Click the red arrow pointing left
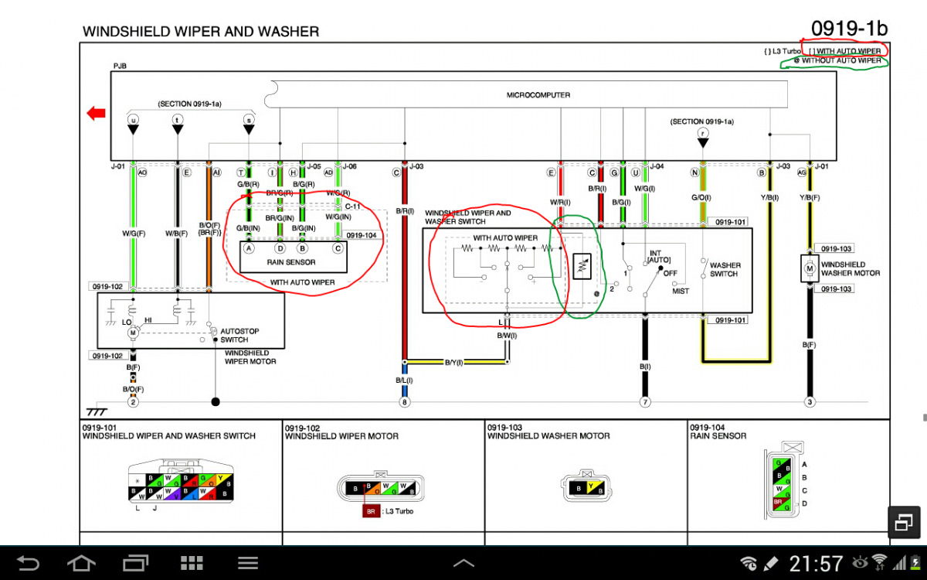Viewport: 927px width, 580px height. (x=97, y=114)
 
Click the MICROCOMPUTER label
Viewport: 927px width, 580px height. (x=538, y=95)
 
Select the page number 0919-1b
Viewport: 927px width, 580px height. (x=849, y=29)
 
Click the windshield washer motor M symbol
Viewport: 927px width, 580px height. (x=810, y=268)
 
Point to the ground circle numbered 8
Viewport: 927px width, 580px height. (x=403, y=402)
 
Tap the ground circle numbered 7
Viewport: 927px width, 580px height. (x=644, y=402)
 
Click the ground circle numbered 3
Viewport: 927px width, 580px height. (x=810, y=402)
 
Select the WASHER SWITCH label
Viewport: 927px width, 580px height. (x=725, y=269)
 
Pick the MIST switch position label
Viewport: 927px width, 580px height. (x=681, y=291)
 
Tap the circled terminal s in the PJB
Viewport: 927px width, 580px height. (x=249, y=120)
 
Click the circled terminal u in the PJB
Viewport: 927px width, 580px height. (x=133, y=120)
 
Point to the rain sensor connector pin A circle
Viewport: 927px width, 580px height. (x=249, y=248)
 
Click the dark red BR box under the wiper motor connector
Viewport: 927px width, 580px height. (x=371, y=511)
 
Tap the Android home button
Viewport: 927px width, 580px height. (x=82, y=562)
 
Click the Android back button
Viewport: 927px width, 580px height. (x=28, y=562)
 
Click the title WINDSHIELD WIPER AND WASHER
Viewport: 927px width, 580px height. (x=200, y=32)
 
